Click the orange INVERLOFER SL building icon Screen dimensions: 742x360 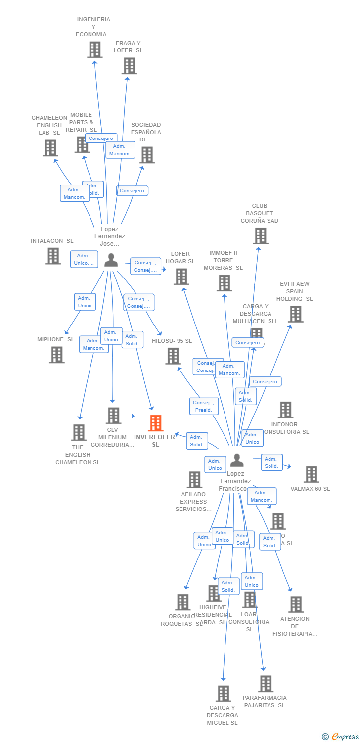point(156,423)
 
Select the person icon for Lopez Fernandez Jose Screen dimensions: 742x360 point(111,260)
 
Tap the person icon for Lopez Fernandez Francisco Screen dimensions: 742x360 point(237,461)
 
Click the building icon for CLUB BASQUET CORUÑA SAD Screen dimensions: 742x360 point(260,236)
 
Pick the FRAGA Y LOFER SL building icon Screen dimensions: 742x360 point(129,66)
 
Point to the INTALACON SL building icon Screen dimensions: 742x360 point(53,256)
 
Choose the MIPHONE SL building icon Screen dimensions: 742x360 point(57,355)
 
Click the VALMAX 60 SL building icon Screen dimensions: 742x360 point(311,474)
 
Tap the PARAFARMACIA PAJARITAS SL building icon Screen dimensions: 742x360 point(266,684)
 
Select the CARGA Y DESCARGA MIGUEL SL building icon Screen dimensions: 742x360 point(224,694)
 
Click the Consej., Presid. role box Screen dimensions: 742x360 point(203,406)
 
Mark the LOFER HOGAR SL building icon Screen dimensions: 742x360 point(181,277)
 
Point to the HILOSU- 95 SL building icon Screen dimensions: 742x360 point(173,356)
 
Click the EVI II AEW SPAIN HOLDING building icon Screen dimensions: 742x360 point(295,314)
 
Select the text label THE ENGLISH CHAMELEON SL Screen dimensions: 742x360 point(78,455)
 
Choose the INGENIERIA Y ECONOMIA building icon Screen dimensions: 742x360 point(94,49)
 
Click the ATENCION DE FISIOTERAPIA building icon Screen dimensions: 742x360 point(296,604)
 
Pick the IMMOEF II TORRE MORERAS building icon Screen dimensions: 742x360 point(225,283)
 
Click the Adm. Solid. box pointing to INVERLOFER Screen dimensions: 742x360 point(197,441)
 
